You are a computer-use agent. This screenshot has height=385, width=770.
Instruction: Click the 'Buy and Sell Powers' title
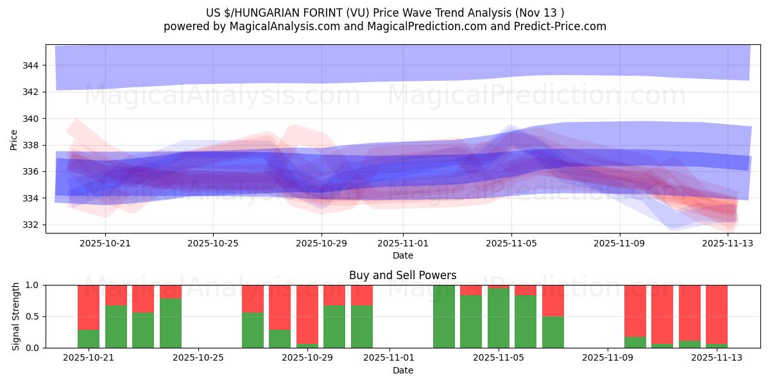tap(402, 275)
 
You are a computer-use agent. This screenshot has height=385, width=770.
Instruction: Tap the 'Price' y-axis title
tap(13, 139)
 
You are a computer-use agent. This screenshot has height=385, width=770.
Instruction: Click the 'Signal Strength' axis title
tap(16, 316)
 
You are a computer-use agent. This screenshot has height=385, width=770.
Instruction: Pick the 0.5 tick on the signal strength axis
tap(34, 316)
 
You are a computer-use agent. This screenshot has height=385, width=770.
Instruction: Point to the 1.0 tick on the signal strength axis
tap(34, 285)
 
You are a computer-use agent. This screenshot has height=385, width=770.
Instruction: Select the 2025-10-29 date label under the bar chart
tap(307, 358)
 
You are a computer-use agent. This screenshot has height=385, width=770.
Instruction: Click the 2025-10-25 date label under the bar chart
tap(200, 358)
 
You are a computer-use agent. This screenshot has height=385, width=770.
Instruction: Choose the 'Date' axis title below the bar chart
tap(402, 370)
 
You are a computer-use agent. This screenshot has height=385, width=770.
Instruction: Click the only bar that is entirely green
tap(444, 316)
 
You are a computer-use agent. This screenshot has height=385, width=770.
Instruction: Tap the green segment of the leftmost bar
tap(89, 339)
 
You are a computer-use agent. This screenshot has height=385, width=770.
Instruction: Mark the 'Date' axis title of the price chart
tap(402, 255)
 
